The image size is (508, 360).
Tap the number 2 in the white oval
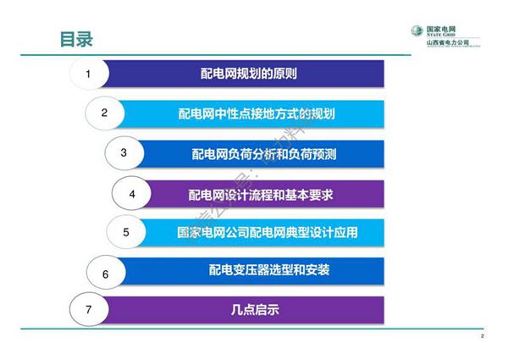(104, 113)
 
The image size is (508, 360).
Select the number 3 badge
(124, 152)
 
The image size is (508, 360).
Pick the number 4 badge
(132, 194)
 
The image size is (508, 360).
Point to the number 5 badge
(125, 231)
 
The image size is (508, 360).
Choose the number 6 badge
(105, 273)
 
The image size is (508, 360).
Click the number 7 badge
(89, 310)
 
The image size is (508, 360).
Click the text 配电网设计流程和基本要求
(261, 194)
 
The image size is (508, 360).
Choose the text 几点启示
(249, 310)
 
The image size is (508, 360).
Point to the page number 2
(481, 337)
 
